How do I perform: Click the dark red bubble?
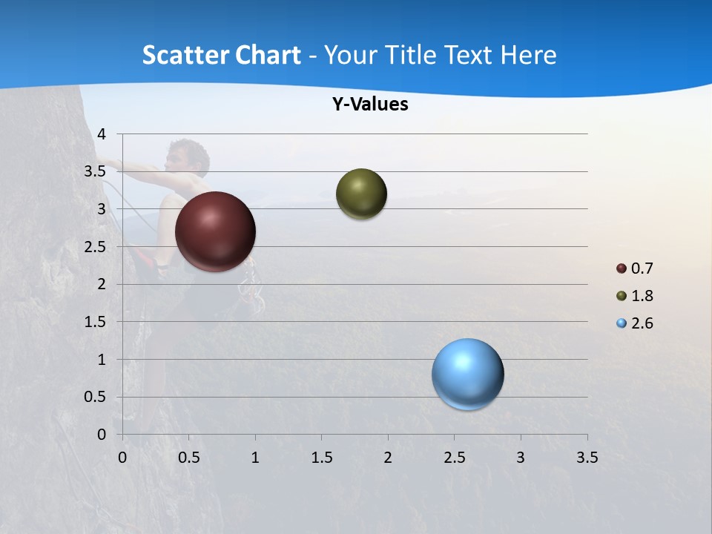click(216, 231)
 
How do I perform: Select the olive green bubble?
click(361, 194)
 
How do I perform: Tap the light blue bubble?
click(467, 374)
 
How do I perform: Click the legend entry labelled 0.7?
click(635, 268)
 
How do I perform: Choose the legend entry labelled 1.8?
click(635, 296)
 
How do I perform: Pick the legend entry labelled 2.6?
click(635, 323)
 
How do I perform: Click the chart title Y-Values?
click(370, 105)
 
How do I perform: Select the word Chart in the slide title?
click(268, 55)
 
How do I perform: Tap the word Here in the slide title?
click(528, 55)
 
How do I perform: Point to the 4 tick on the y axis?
click(102, 134)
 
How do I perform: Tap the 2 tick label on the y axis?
click(102, 284)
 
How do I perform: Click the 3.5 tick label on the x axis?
click(587, 458)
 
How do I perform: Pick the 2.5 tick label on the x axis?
click(454, 458)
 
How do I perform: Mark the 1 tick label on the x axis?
click(255, 458)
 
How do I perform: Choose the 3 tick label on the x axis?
click(521, 458)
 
